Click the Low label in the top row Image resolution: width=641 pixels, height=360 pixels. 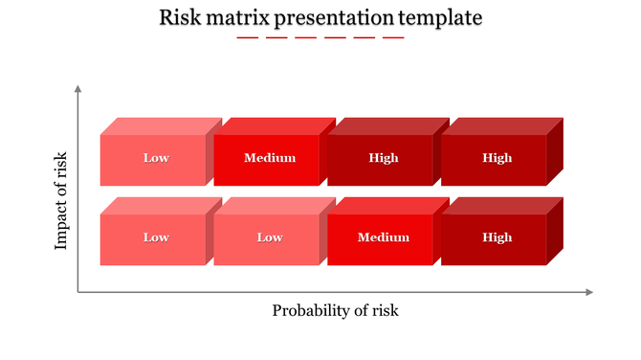[156, 159]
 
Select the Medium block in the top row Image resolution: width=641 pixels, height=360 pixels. [269, 159]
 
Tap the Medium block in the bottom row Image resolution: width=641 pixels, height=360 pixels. [383, 238]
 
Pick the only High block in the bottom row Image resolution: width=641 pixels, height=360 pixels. [497, 238]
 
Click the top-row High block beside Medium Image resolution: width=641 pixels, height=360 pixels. [383, 159]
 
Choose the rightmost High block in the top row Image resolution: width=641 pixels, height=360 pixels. [497, 159]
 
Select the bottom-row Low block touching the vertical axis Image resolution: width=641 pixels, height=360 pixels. [156, 238]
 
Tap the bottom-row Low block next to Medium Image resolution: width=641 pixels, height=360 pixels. [269, 238]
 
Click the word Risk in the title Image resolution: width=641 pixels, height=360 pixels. [179, 17]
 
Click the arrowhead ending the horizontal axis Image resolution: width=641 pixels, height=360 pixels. [589, 292]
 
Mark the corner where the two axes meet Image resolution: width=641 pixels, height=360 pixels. [77, 292]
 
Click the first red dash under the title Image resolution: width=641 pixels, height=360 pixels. [247, 38]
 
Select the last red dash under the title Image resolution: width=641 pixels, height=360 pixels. [393, 38]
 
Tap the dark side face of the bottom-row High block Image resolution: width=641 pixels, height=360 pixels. [554, 232]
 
